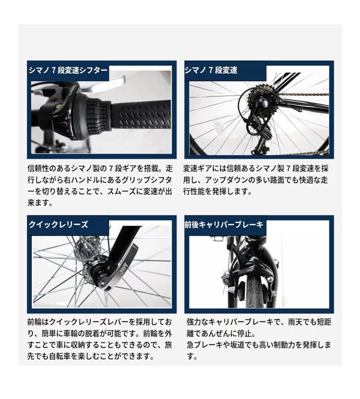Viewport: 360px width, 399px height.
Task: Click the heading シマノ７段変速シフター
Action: click(x=68, y=71)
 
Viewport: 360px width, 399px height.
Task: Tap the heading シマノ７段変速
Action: click(x=211, y=71)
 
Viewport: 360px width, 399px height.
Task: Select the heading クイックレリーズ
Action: click(x=58, y=225)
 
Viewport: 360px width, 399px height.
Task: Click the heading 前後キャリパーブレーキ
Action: click(x=224, y=225)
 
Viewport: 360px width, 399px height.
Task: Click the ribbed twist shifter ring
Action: click(x=98, y=115)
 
